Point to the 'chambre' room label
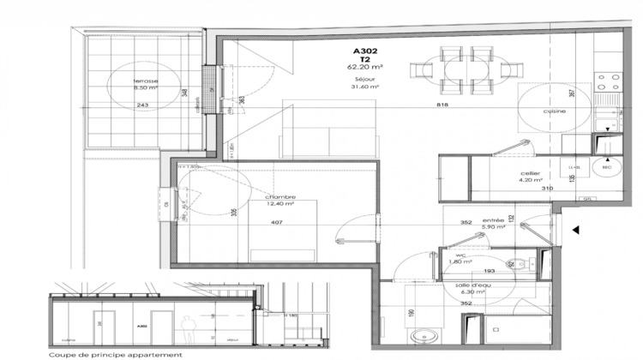pyautogui.click(x=279, y=196)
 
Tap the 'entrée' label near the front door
pyautogui.click(x=492, y=221)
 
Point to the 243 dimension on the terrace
pyautogui.click(x=141, y=105)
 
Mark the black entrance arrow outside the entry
pyautogui.click(x=577, y=230)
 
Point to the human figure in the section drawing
pyautogui.click(x=184, y=327)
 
